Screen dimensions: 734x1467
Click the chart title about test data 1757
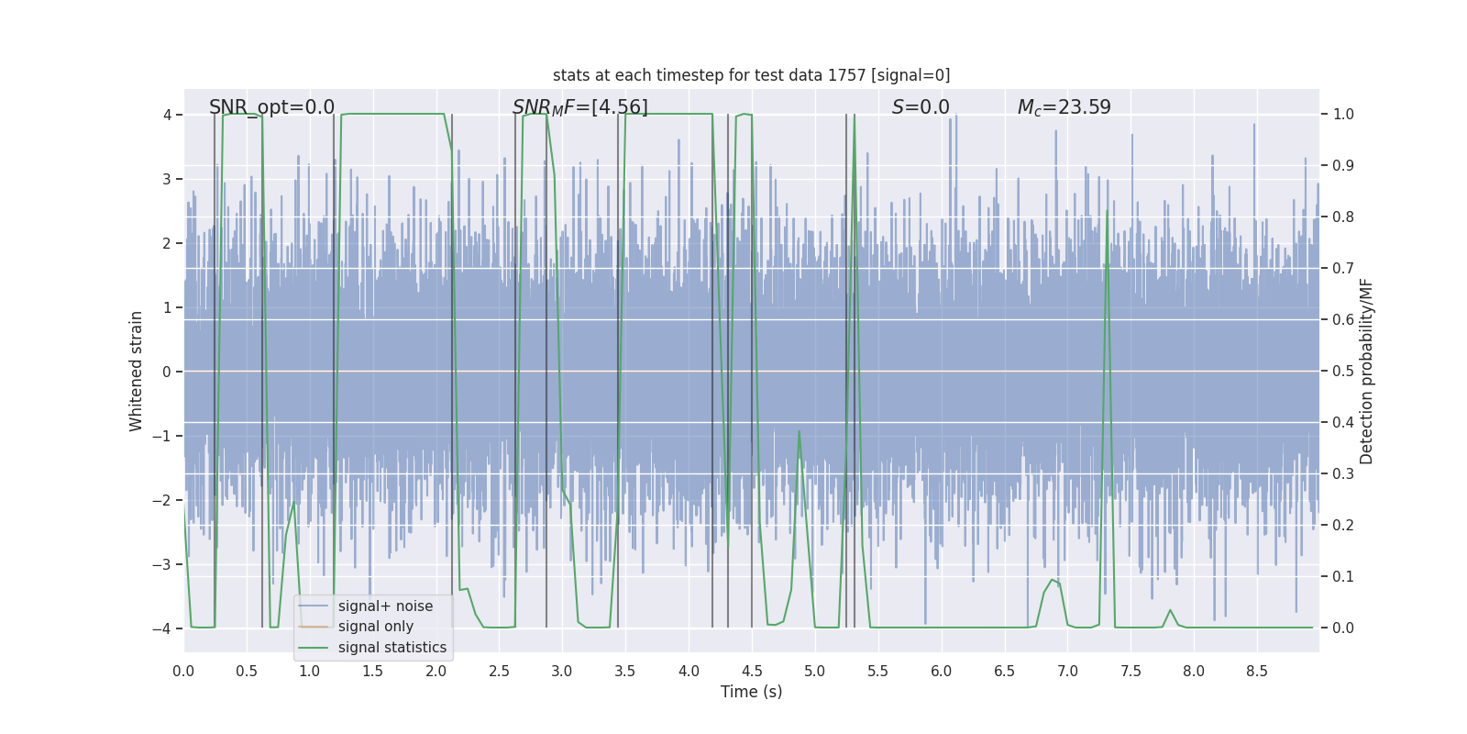[751, 75]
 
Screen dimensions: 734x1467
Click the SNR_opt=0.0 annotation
[271, 107]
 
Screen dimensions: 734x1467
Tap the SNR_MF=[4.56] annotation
[579, 107]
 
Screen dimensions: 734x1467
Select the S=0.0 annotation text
[921, 107]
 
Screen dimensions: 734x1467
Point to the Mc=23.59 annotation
[1064, 107]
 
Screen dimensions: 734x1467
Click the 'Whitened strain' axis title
[137, 371]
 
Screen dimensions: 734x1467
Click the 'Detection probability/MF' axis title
[1366, 371]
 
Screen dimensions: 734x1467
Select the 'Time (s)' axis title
[751, 692]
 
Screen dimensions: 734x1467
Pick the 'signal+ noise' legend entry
[385, 606]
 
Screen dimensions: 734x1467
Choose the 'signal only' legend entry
[375, 627]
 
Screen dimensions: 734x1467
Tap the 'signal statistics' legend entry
[392, 648]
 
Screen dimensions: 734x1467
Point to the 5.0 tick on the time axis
[814, 671]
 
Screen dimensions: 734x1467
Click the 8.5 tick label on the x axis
[1256, 671]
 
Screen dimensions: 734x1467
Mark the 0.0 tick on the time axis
[183, 671]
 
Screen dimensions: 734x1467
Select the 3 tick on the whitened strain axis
[167, 179]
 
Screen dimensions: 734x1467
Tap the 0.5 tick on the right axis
[1343, 372]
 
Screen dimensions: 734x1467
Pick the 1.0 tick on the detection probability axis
[1343, 115]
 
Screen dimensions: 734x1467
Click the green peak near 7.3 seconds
[1107, 212]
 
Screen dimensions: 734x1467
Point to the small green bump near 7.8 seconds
[1170, 610]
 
